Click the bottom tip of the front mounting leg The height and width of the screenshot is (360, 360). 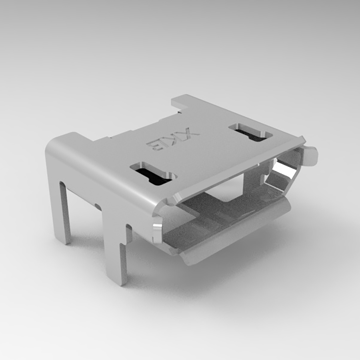(122, 282)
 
